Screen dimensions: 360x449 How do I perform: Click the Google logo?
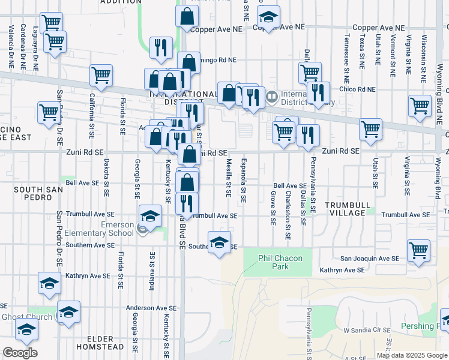click(20, 353)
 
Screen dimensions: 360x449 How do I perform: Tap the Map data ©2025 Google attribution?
click(412, 355)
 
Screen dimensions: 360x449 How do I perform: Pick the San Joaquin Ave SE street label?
click(370, 259)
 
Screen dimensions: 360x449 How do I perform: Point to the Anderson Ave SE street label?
click(151, 308)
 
